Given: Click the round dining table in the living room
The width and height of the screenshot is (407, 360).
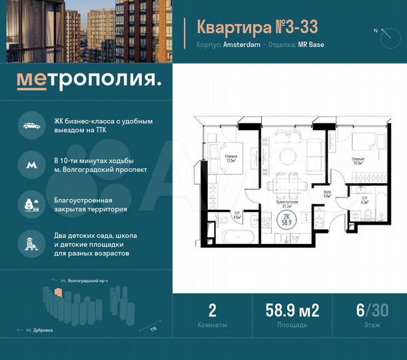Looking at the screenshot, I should point(287,156).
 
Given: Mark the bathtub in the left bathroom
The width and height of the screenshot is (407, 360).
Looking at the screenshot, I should point(235,236).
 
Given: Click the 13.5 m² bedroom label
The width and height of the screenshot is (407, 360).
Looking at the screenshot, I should point(212,159).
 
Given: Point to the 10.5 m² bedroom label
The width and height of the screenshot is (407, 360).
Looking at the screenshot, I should point(358,160).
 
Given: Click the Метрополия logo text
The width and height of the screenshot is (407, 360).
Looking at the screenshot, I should point(89,81).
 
